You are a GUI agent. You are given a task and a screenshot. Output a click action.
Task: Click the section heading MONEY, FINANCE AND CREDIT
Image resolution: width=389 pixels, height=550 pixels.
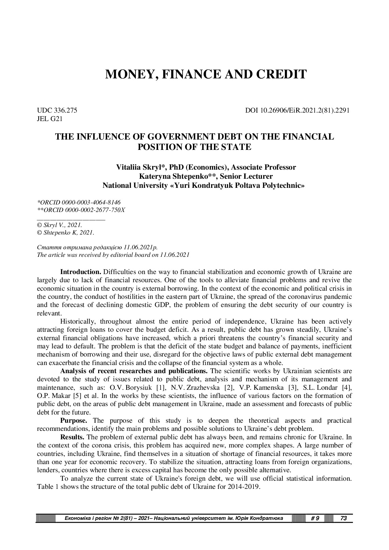tap(205, 74)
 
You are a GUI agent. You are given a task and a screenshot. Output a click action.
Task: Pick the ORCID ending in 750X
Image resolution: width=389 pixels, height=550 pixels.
tap(81, 210)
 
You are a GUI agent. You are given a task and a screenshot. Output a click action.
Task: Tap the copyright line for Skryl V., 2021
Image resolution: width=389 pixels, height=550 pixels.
tap(60, 225)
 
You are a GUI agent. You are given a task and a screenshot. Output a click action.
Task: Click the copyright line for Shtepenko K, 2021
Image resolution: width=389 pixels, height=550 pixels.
tap(66, 233)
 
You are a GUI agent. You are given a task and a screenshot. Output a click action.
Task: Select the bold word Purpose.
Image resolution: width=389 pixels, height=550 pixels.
tap(73, 420)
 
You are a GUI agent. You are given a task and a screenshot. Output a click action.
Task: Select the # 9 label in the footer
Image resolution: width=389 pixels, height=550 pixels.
tap(315, 518)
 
